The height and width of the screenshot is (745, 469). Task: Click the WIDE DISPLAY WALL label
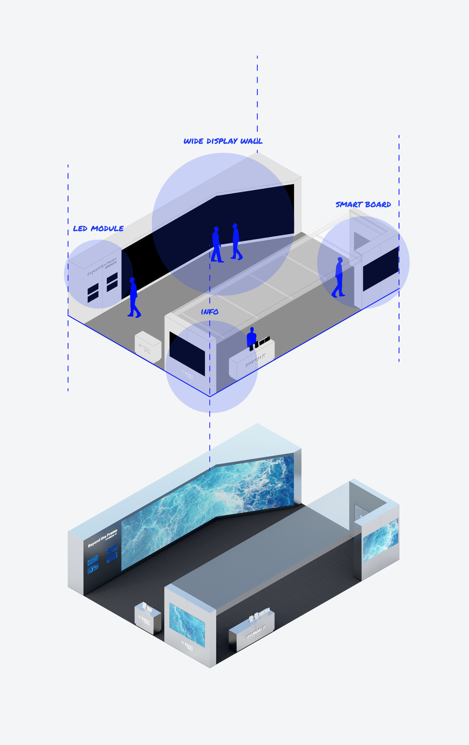[223, 141]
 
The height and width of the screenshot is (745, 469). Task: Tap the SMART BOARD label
[363, 204]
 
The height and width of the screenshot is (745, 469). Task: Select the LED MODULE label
[98, 229]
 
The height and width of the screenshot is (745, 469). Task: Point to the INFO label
[210, 312]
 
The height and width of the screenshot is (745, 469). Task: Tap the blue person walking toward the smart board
[339, 277]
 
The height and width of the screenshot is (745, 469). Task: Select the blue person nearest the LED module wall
[133, 297]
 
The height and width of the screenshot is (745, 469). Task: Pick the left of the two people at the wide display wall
[216, 244]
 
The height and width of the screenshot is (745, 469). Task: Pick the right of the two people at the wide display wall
[236, 241]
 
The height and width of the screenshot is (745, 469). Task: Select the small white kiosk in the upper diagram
[148, 347]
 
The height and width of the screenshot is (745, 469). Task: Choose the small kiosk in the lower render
[148, 618]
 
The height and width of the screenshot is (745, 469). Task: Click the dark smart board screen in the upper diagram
[381, 269]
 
